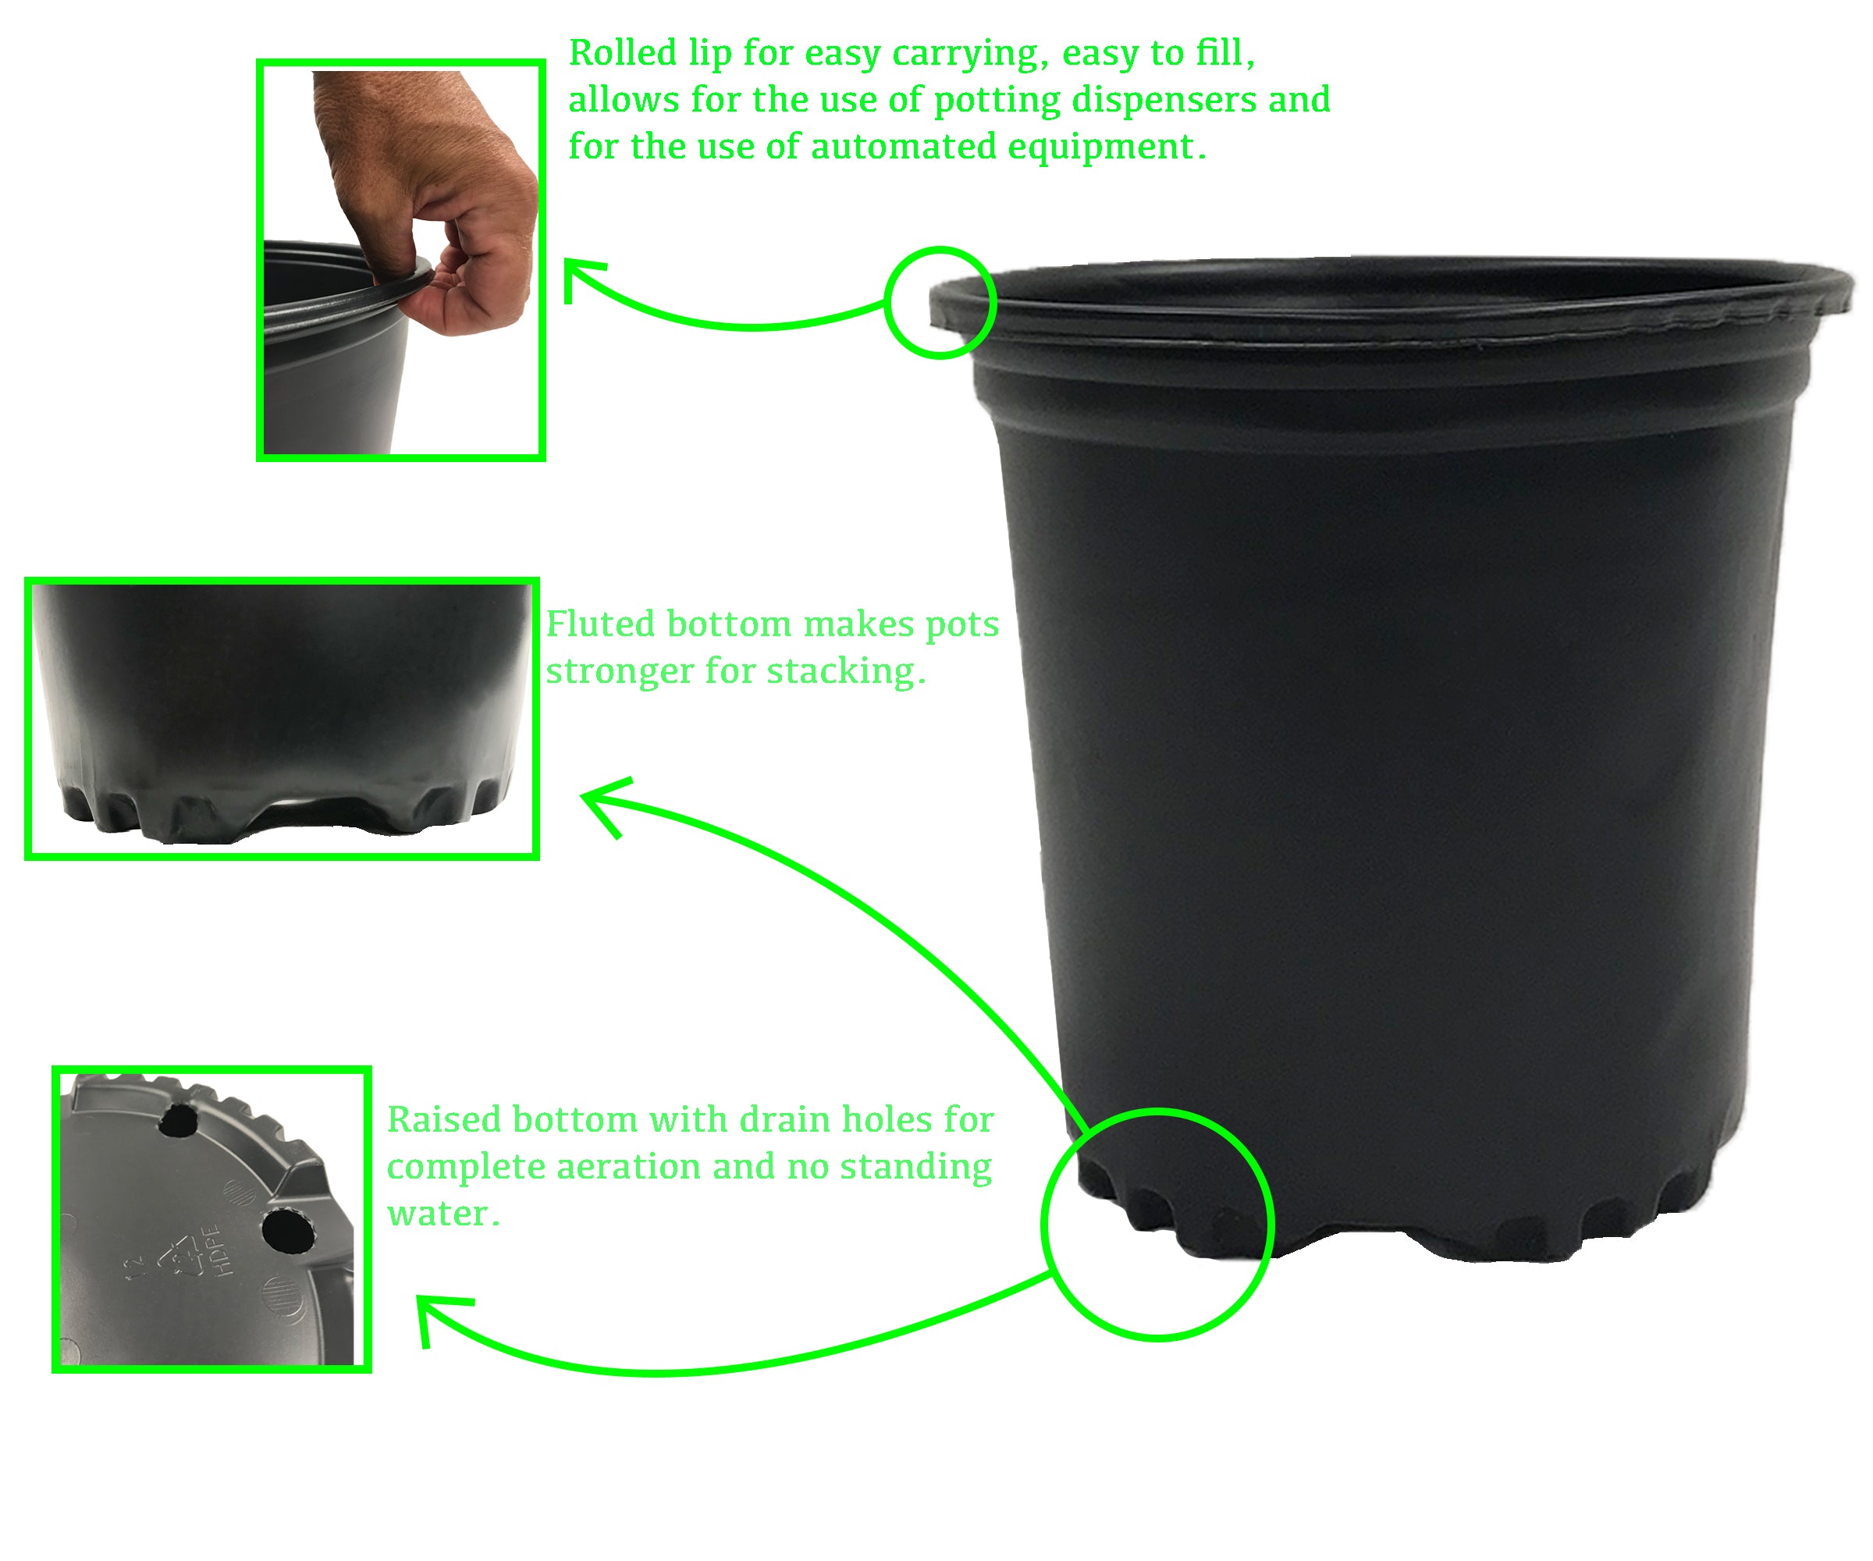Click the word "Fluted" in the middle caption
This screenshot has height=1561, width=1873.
(600, 624)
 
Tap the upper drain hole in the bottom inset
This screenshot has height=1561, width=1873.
(179, 1120)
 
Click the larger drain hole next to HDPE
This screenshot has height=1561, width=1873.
(289, 1230)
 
